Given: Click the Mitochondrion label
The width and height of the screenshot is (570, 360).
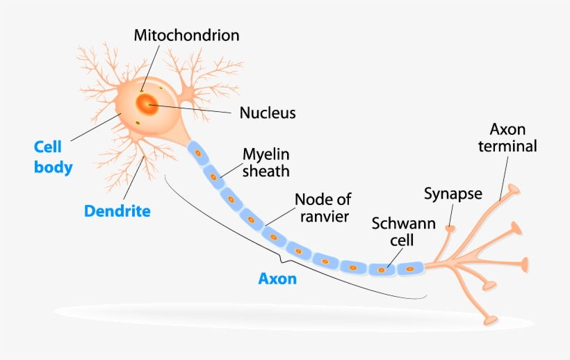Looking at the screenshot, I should (x=186, y=34).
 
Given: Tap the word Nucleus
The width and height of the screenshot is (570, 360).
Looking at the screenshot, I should (x=268, y=112).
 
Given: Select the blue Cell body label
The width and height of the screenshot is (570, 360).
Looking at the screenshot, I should (x=53, y=157).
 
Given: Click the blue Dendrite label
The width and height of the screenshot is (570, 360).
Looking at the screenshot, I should (x=117, y=211).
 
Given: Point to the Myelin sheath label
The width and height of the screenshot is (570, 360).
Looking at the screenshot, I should (x=266, y=161).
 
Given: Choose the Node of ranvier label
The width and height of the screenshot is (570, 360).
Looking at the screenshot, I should (x=323, y=207).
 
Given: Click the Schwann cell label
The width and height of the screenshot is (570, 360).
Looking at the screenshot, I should (x=403, y=231).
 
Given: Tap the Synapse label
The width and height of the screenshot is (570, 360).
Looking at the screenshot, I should (x=453, y=193).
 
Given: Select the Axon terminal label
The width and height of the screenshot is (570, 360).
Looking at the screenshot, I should (x=513, y=138).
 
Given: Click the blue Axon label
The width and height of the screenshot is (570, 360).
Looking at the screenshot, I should (x=277, y=279).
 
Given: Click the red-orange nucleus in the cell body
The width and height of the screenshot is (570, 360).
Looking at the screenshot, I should (x=147, y=105).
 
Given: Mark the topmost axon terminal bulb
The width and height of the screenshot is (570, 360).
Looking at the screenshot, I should (x=513, y=188).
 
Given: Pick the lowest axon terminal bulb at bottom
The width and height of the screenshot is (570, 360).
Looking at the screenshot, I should (x=491, y=320).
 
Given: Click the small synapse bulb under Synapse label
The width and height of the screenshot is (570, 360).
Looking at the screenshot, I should (x=450, y=227).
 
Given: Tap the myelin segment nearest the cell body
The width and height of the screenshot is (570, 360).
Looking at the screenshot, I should (x=197, y=152).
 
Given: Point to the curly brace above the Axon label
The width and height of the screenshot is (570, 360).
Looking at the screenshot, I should (x=282, y=261).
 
